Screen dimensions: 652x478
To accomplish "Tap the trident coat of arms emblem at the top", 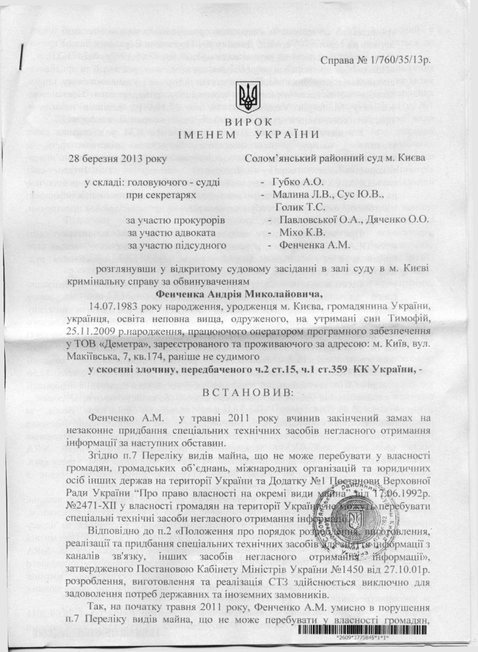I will click(247, 96).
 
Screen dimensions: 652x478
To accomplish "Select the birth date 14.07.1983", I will click(111, 307).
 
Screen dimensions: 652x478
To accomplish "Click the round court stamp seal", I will click(354, 519).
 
